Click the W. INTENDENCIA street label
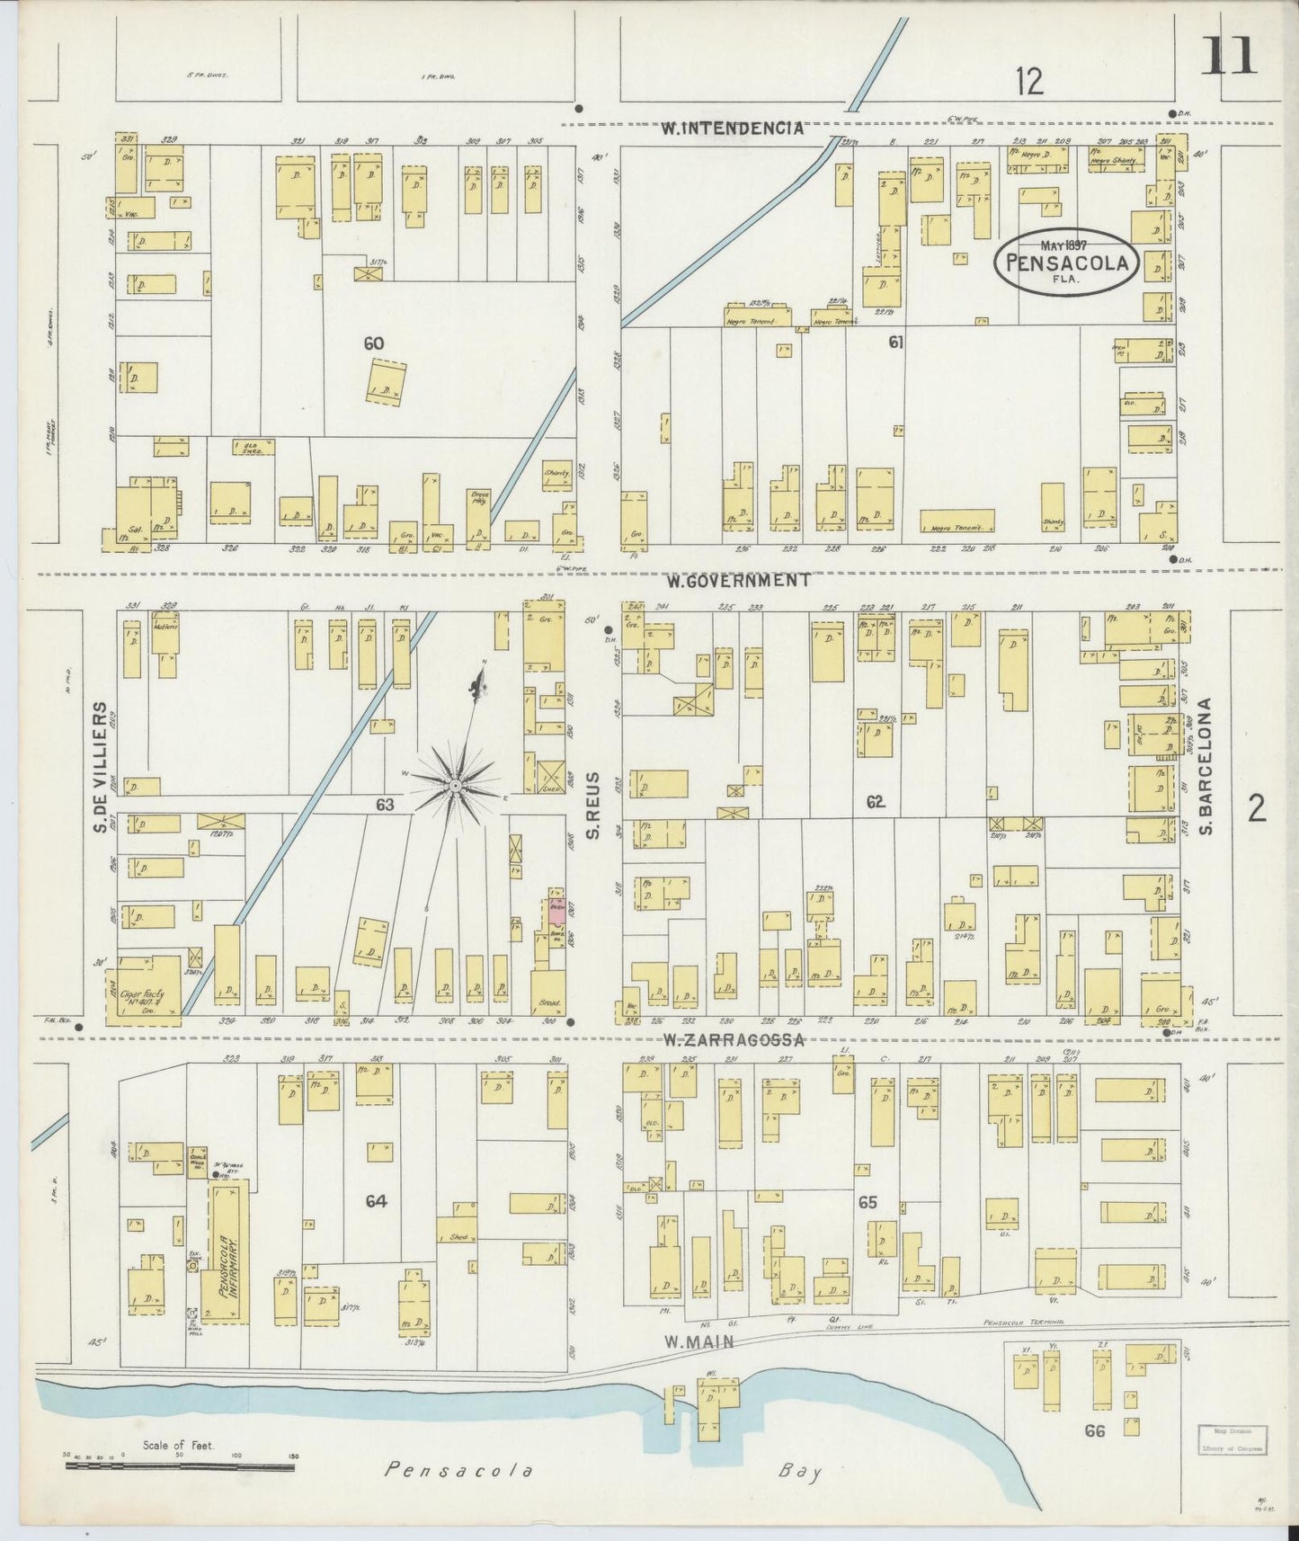click(x=732, y=129)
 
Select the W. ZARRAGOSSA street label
click(x=733, y=1040)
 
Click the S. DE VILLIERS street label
click(x=101, y=767)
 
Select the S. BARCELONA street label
click(x=1207, y=766)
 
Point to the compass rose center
click(x=456, y=787)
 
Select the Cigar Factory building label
click(x=142, y=995)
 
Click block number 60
click(x=374, y=343)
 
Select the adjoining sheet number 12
click(x=1029, y=83)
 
